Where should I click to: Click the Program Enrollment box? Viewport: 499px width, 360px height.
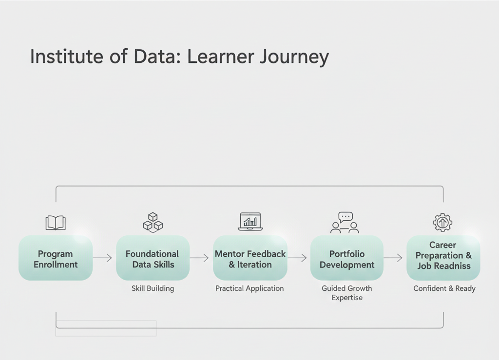(56, 259)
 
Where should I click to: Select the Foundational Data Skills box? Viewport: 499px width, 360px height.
(153, 259)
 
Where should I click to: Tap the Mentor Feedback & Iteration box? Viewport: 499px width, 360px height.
(250, 259)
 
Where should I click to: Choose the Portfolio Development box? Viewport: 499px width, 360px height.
(347, 259)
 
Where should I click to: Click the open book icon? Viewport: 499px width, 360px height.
(56, 223)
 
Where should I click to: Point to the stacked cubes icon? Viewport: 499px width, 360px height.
(153, 222)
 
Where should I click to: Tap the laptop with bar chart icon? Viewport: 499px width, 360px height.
(250, 222)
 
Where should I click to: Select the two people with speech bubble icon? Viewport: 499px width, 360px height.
(345, 223)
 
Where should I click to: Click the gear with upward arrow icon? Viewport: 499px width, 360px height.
(442, 222)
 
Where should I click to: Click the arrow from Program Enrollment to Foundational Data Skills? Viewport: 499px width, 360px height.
(103, 258)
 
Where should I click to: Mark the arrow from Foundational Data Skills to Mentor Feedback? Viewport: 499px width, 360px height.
(199, 258)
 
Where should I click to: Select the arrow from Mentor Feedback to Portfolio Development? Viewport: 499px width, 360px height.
(297, 258)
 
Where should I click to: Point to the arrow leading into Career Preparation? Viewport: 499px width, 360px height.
(393, 258)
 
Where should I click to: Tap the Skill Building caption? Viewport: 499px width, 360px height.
(153, 288)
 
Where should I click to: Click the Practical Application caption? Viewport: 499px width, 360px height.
(249, 288)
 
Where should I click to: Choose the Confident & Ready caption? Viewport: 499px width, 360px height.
(444, 288)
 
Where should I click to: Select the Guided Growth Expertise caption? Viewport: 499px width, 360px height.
(347, 293)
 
